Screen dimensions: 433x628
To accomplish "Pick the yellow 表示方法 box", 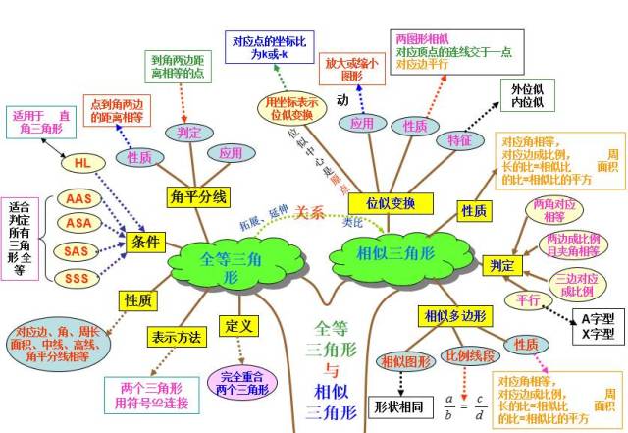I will [x=178, y=336].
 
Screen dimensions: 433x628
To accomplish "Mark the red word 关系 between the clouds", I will [x=311, y=213].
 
